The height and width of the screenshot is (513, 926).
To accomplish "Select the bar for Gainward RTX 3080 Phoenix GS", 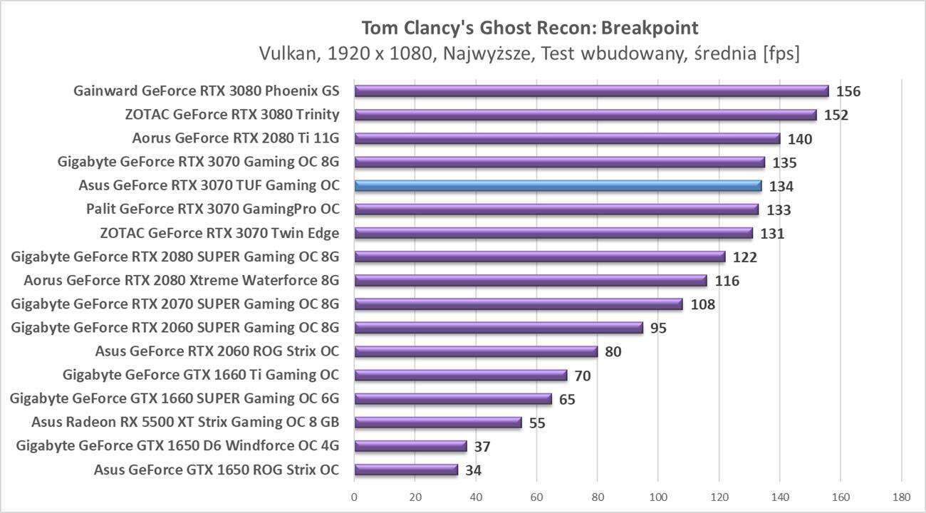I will [591, 91].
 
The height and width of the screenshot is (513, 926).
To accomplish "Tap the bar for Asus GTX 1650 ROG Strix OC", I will [406, 470].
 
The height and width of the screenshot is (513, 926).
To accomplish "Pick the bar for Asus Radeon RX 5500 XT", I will [438, 423].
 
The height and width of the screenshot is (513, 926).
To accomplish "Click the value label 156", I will [848, 92].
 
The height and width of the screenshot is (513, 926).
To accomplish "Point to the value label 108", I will [702, 305].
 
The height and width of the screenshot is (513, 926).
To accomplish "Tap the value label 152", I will [836, 115].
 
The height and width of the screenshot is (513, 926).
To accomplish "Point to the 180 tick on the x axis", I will [901, 497].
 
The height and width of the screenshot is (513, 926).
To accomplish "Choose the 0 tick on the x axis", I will [354, 497].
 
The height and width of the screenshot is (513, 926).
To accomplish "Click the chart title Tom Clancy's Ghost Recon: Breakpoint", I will [530, 28].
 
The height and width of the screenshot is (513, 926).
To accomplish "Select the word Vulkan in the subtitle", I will [283, 53].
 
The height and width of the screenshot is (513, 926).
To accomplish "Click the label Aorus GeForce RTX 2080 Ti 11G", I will [236, 138].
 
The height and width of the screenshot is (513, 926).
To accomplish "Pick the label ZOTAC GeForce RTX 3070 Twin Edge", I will [220, 233].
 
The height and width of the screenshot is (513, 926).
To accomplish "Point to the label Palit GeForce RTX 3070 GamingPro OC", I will [212, 209].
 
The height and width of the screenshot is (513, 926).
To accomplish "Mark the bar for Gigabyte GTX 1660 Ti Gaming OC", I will [460, 375].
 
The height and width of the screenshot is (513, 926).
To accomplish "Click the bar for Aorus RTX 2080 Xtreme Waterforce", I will [530, 281].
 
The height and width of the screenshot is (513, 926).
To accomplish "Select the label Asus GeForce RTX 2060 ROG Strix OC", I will [217, 351].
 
